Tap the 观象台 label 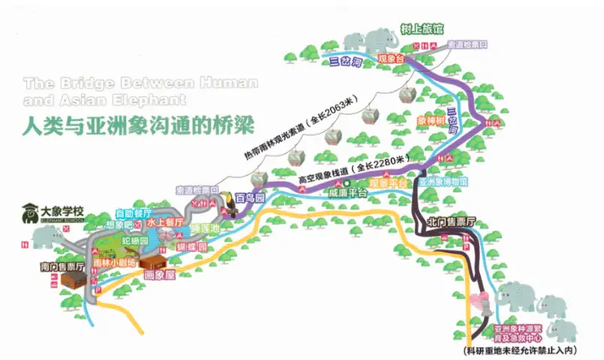389,57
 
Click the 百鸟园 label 249,198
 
